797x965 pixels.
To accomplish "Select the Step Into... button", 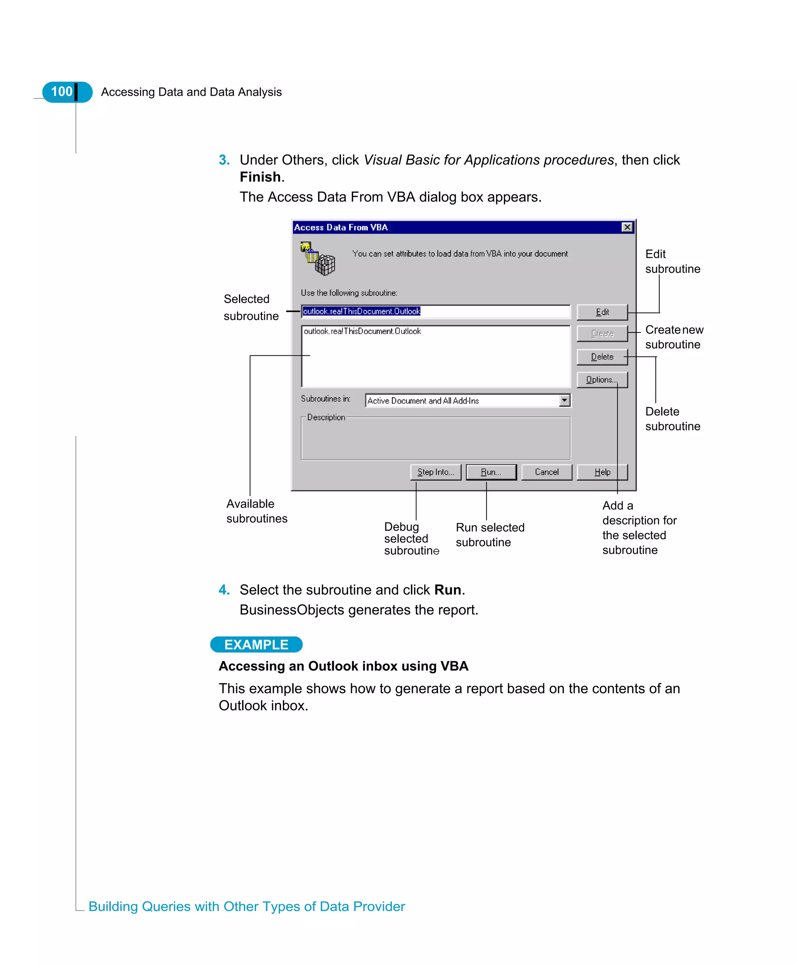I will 435,472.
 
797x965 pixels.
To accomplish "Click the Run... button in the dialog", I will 491,472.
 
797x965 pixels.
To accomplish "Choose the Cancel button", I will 546,472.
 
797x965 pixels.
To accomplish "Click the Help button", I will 602,472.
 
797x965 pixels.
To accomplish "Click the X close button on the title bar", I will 627,227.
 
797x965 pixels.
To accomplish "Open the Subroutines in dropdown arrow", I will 564,400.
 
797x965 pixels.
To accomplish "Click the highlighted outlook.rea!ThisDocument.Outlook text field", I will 435,311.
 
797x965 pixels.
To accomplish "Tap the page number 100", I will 61,92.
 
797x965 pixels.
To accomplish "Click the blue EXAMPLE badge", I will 256,644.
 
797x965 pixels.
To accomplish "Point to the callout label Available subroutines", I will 256,511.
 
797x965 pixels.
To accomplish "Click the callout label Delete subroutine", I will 672,419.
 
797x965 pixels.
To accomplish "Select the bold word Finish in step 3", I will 260,177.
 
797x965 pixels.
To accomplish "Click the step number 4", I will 224,589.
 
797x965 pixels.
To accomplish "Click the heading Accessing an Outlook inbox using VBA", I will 343,666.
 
